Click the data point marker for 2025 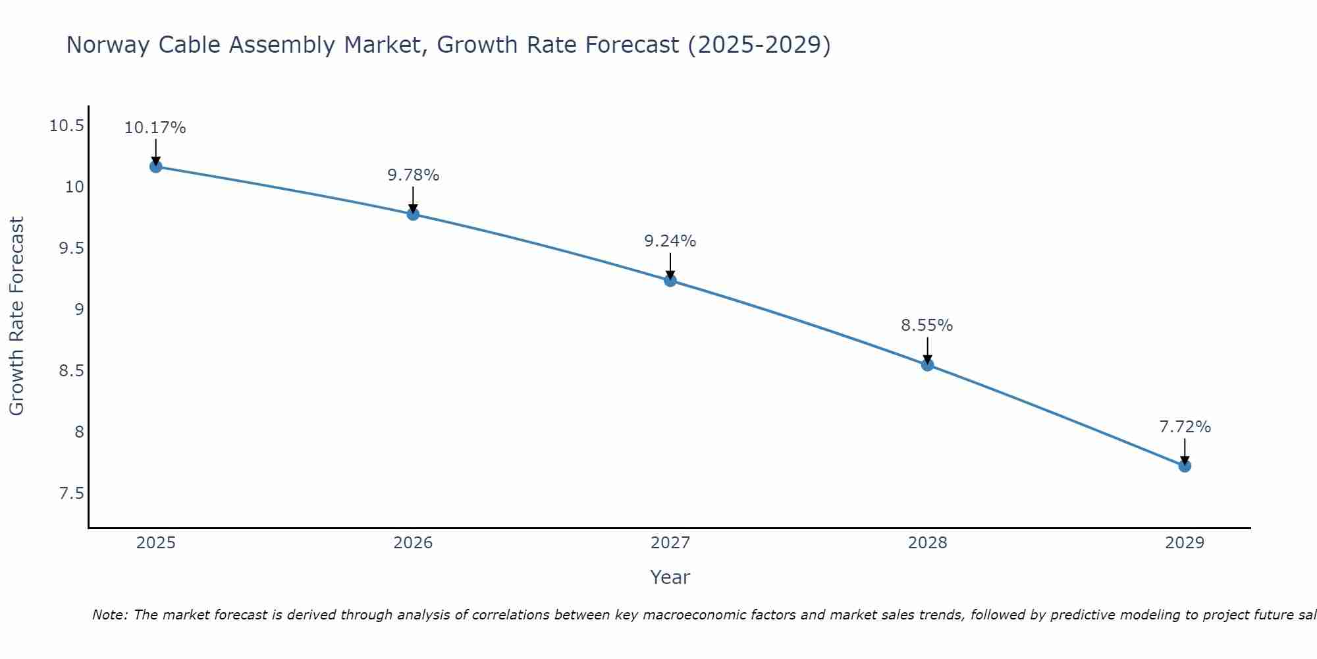[x=156, y=167]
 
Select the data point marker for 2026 [x=413, y=214]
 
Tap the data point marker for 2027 [x=670, y=281]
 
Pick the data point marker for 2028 [x=927, y=365]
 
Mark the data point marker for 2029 [x=1185, y=467]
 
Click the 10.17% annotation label [x=155, y=128]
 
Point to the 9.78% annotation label [x=413, y=175]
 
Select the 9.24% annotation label [x=670, y=241]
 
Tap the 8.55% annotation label [x=927, y=326]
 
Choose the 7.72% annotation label [x=1185, y=427]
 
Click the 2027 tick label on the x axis [x=670, y=543]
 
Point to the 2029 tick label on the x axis [x=1185, y=543]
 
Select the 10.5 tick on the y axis [x=67, y=126]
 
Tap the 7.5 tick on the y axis [x=72, y=494]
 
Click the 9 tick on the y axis [x=79, y=310]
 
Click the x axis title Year [x=670, y=577]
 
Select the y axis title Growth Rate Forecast [x=16, y=316]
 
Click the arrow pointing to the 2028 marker [x=927, y=350]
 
